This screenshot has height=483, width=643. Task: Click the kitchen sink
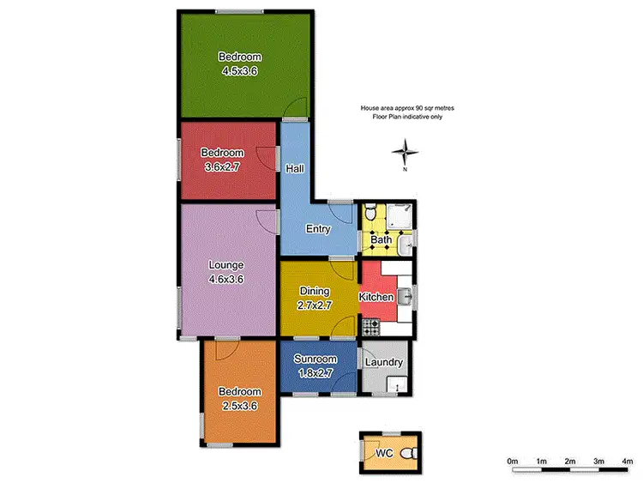pyautogui.click(x=406, y=298)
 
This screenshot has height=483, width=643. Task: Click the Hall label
pyautogui.click(x=295, y=169)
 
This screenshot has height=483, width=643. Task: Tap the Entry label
pyautogui.click(x=318, y=229)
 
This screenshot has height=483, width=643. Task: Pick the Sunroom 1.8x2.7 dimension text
pyautogui.click(x=315, y=373)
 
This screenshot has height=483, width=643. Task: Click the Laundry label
pyautogui.click(x=383, y=362)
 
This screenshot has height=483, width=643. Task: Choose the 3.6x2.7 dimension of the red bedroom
pyautogui.click(x=221, y=166)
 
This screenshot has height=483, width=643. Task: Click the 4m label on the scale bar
pyautogui.click(x=627, y=462)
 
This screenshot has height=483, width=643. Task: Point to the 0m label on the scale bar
pyautogui.click(x=513, y=462)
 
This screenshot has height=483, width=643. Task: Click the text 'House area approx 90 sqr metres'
pyautogui.click(x=401, y=109)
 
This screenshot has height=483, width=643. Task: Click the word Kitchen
pyautogui.click(x=376, y=298)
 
